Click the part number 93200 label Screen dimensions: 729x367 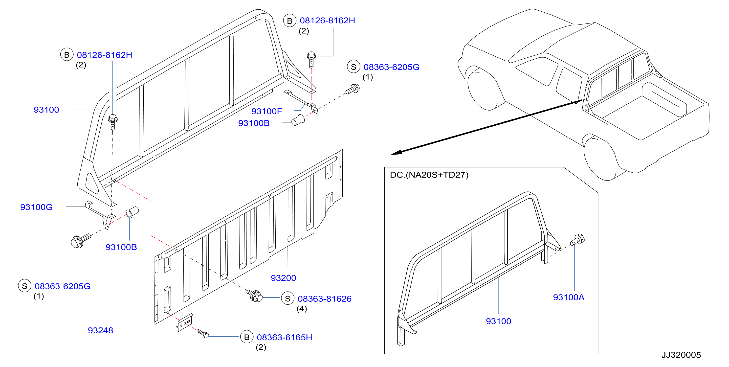point(283,278)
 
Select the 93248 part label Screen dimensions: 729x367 point(100,330)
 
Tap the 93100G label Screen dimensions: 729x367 point(36,207)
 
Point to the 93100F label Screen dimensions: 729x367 point(266,111)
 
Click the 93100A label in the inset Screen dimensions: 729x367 point(569,297)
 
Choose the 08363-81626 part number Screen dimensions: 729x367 point(325,298)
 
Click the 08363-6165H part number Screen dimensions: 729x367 point(285,337)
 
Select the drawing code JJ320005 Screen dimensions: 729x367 point(681,355)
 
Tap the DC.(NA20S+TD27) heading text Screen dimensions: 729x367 point(429,175)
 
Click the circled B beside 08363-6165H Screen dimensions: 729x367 point(247,337)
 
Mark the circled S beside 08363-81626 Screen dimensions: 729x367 point(287,298)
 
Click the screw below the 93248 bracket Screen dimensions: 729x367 point(203,334)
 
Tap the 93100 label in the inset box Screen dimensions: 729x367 point(498,321)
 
